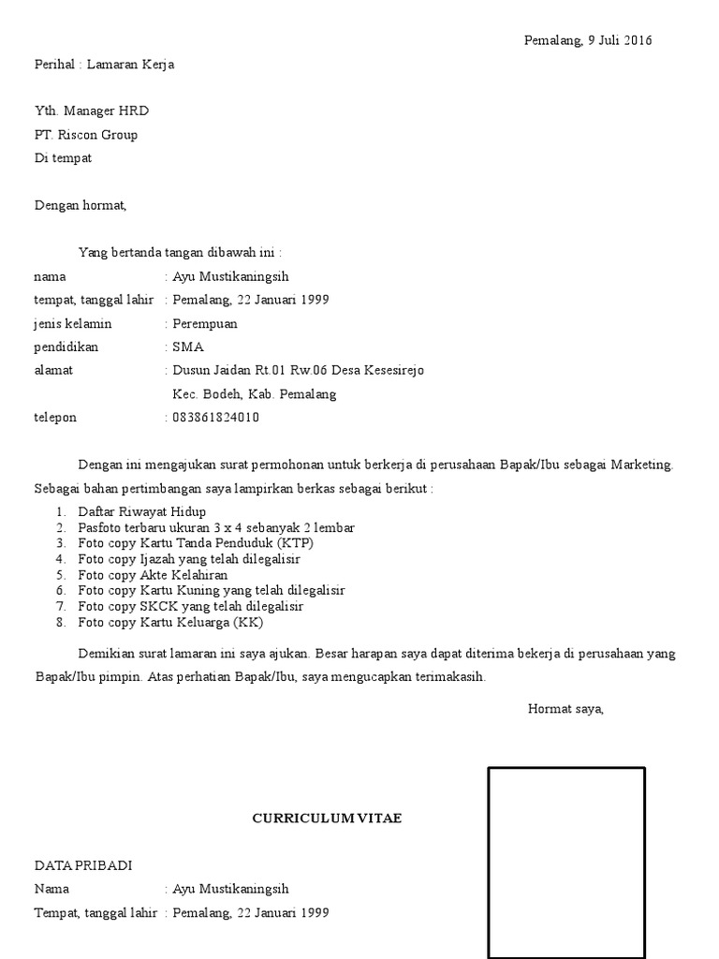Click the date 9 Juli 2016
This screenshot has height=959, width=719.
[x=620, y=40]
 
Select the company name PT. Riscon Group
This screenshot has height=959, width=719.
[x=86, y=135]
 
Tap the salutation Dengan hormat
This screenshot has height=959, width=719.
[x=80, y=205]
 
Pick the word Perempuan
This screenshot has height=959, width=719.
[x=205, y=324]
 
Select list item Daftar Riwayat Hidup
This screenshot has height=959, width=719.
[x=141, y=512]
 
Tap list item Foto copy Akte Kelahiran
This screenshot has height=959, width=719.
[x=153, y=575]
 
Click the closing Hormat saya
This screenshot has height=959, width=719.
[x=565, y=709]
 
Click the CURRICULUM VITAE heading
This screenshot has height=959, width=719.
[x=327, y=819]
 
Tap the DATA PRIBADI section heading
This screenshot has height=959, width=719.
[x=90, y=866]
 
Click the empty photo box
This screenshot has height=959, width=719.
[x=566, y=862]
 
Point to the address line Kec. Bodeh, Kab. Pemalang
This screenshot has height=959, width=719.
[x=255, y=394]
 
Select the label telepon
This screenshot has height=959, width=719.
[x=55, y=418]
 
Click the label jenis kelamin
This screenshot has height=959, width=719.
[x=73, y=324]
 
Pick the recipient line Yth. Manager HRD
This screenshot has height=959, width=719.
[x=92, y=111]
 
